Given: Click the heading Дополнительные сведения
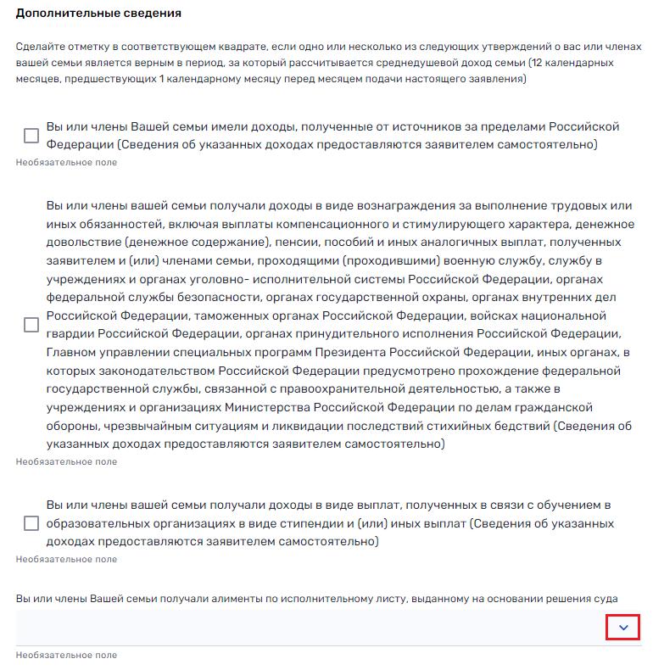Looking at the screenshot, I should pyautogui.click(x=98, y=14).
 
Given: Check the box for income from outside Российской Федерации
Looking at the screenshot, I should pyautogui.click(x=31, y=136).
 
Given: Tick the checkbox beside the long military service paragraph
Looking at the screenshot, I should pyautogui.click(x=31, y=324).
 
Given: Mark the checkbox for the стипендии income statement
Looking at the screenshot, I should pyautogui.click(x=31, y=523).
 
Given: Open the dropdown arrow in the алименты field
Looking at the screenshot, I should pyautogui.click(x=623, y=628).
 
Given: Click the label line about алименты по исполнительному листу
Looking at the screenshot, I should pyautogui.click(x=315, y=599).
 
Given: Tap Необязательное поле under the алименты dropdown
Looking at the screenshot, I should pyautogui.click(x=67, y=655).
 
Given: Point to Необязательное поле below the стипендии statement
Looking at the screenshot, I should pyautogui.click(x=67, y=560).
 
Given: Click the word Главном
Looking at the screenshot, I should pyautogui.click(x=75, y=352).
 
